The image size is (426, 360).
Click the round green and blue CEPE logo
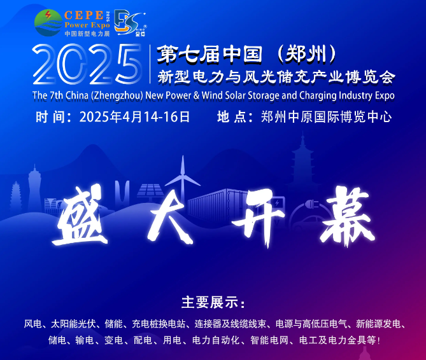[48, 23]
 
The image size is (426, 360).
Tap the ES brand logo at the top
[130, 23]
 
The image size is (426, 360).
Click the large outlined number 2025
[87, 64]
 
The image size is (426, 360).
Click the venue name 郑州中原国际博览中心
[326, 117]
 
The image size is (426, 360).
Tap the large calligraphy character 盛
[80, 215]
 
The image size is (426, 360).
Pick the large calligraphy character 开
[258, 217]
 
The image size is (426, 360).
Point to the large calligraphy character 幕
[348, 216]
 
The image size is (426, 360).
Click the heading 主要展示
[209, 302]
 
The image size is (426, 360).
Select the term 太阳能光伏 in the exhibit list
[73, 324]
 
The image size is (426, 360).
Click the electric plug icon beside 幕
[313, 204]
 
